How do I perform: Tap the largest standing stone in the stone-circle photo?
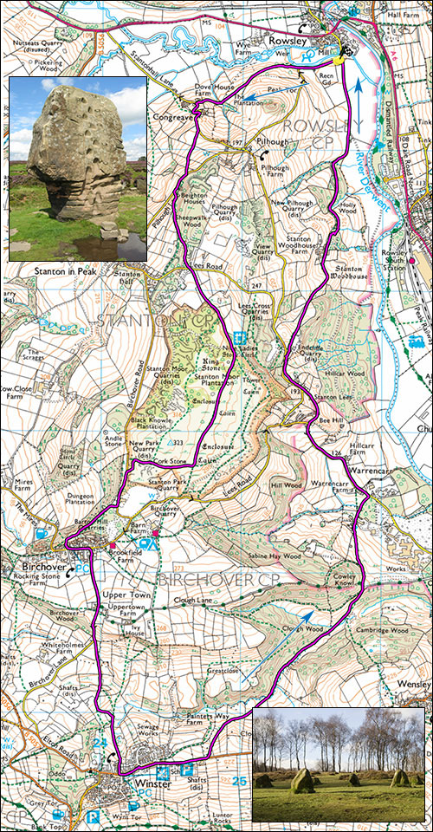301,780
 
